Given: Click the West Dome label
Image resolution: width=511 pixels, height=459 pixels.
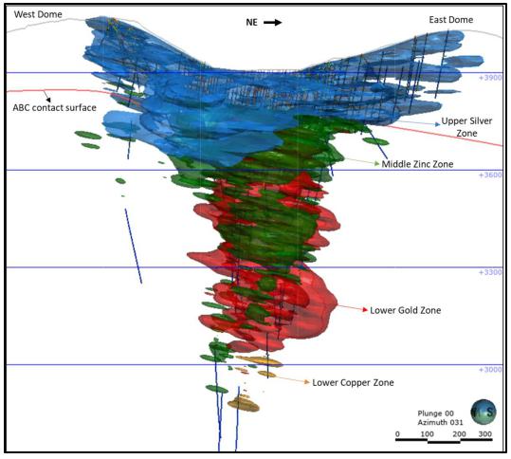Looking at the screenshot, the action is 38,14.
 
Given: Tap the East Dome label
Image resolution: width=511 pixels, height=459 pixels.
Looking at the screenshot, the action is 451,20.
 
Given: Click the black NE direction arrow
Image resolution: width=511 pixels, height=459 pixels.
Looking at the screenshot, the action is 273,22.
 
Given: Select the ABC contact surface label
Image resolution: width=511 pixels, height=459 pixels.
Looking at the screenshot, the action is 54,108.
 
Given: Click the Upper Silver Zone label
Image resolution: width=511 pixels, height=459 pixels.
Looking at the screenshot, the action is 466,127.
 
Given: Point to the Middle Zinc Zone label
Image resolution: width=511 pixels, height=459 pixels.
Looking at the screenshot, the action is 417,164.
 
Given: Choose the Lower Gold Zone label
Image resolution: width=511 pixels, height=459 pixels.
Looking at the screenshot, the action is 406,310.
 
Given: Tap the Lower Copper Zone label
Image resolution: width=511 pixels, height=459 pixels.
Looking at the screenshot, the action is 353,383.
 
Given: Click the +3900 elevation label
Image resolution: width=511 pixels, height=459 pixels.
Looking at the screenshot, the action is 490,78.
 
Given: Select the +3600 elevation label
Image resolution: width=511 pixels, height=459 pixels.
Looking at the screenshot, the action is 490,175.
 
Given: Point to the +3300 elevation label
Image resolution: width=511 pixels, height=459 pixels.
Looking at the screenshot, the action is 490,272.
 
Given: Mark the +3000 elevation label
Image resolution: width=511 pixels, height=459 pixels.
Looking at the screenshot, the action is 490,370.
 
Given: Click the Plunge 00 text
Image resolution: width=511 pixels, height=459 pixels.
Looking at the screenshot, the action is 436,413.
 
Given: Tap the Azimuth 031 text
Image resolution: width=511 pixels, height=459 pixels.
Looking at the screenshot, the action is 440,423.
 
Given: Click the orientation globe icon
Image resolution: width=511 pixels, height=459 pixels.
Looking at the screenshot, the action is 484,413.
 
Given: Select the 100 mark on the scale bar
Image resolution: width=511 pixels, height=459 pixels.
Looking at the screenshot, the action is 427,434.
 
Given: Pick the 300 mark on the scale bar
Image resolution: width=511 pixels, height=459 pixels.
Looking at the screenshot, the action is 485,434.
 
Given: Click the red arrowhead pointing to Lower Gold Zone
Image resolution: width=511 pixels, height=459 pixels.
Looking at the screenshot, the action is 365,309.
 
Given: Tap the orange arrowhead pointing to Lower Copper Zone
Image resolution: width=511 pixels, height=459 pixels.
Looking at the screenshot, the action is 306,382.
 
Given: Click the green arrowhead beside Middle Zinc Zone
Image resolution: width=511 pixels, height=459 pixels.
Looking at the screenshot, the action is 377,163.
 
